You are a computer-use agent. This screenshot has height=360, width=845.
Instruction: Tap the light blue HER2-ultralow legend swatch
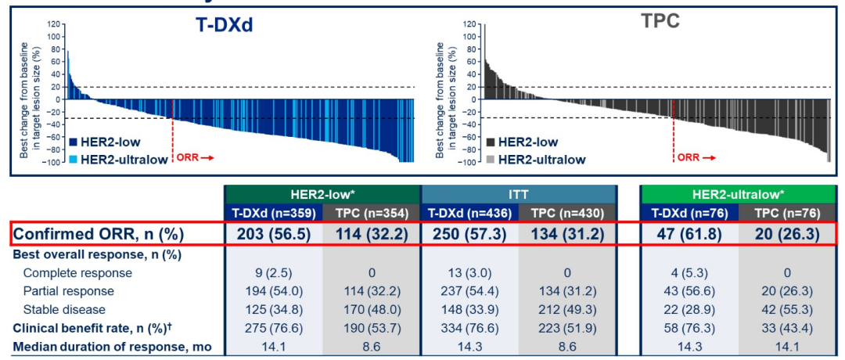(x=74, y=157)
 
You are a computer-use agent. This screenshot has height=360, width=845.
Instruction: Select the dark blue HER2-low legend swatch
(x=74, y=142)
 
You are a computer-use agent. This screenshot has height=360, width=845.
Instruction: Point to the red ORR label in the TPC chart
(x=689, y=157)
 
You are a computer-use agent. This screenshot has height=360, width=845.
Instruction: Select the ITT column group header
(x=520, y=195)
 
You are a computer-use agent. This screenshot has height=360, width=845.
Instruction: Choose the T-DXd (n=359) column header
(x=273, y=213)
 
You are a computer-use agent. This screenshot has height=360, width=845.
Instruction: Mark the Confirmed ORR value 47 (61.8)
(x=689, y=234)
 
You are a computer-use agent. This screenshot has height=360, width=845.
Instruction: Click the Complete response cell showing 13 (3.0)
(x=469, y=273)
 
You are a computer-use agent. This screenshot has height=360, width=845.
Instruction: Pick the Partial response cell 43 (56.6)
(x=689, y=290)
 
